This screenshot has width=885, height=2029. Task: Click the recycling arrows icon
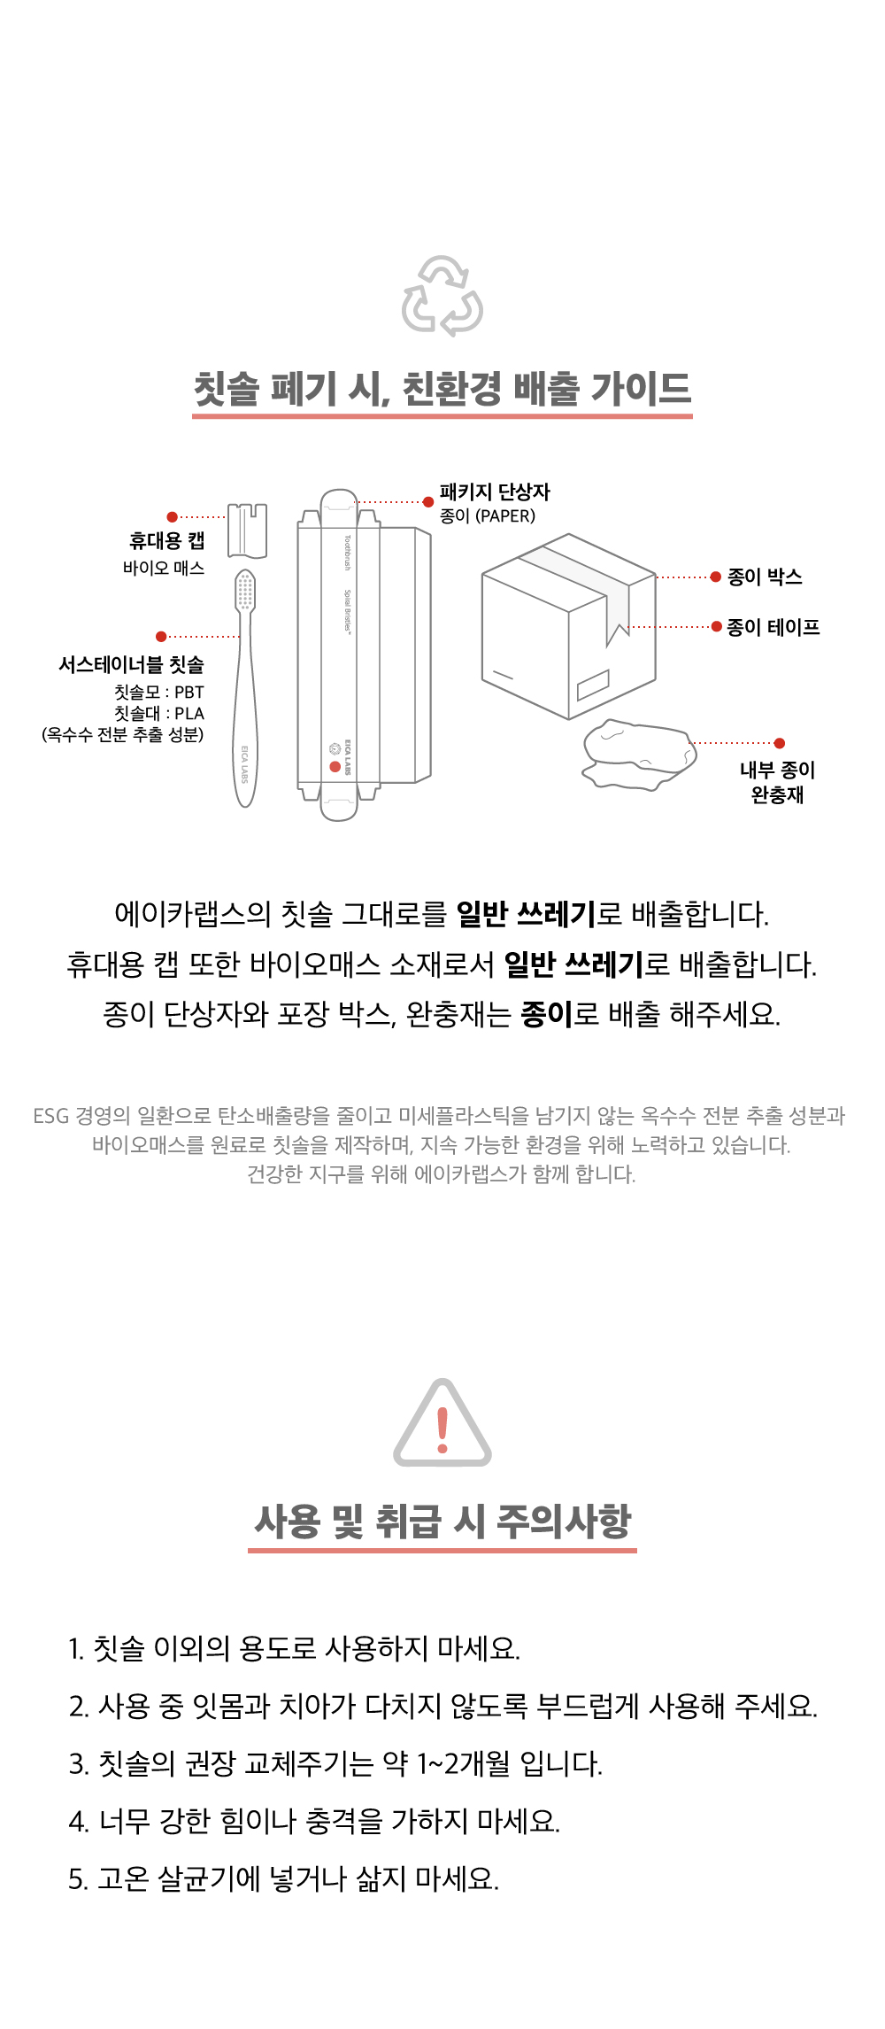point(442,296)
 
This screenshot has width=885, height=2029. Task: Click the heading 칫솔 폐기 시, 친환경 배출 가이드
point(442,389)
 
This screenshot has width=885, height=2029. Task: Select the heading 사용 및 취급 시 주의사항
point(442,1522)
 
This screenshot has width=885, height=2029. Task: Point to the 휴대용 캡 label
point(167,541)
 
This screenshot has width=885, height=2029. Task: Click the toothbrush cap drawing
point(248,530)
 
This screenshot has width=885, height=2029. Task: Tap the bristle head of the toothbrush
point(245,591)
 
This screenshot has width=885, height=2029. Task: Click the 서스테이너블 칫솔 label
point(131,664)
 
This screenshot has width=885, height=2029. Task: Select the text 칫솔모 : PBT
point(159,693)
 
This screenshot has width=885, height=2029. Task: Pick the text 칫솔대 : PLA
point(159,714)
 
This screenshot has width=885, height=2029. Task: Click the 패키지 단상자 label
point(495,492)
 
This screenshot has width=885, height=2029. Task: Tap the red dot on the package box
point(335,767)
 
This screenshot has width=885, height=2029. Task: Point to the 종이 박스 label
point(765,577)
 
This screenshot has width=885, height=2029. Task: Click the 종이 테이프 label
point(773,627)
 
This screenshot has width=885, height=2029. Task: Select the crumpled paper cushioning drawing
point(639,754)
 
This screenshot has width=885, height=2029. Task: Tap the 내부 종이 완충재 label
point(778,782)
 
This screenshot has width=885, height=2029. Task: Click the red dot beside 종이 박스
point(715,577)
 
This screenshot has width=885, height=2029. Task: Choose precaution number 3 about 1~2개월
point(335,1763)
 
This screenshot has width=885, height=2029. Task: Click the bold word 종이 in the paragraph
point(547,1013)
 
